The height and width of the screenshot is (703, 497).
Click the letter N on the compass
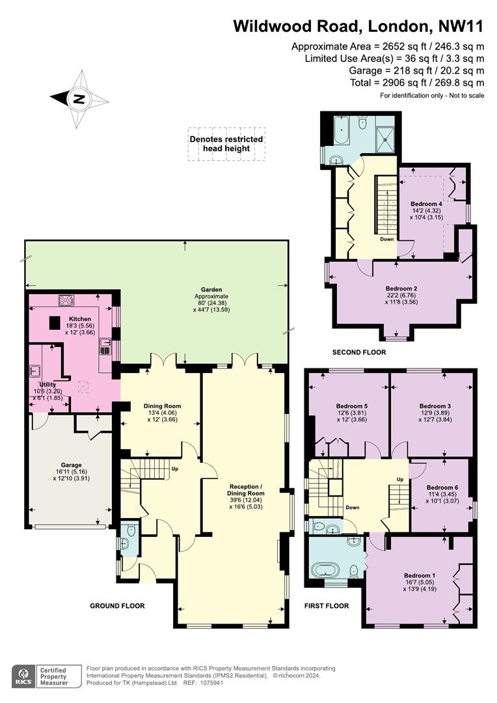(79, 99)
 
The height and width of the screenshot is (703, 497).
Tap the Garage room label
(72, 465)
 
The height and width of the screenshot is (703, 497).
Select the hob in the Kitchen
(66, 299)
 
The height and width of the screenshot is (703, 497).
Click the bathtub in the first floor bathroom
(327, 571)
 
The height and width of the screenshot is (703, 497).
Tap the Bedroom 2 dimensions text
(401, 299)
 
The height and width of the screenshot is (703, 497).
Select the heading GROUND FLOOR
(117, 606)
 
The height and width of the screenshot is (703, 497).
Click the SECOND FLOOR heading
(359, 352)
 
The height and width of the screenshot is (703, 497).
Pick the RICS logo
(24, 676)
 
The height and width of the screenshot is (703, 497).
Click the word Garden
(211, 290)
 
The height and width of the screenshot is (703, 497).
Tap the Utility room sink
(35, 370)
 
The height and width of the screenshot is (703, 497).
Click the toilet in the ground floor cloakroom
(131, 531)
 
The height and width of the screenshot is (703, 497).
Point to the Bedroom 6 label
(442, 488)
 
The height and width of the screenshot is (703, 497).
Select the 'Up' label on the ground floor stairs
(174, 469)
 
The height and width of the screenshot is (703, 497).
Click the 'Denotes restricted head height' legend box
(226, 144)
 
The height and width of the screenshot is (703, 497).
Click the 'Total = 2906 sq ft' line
(417, 83)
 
